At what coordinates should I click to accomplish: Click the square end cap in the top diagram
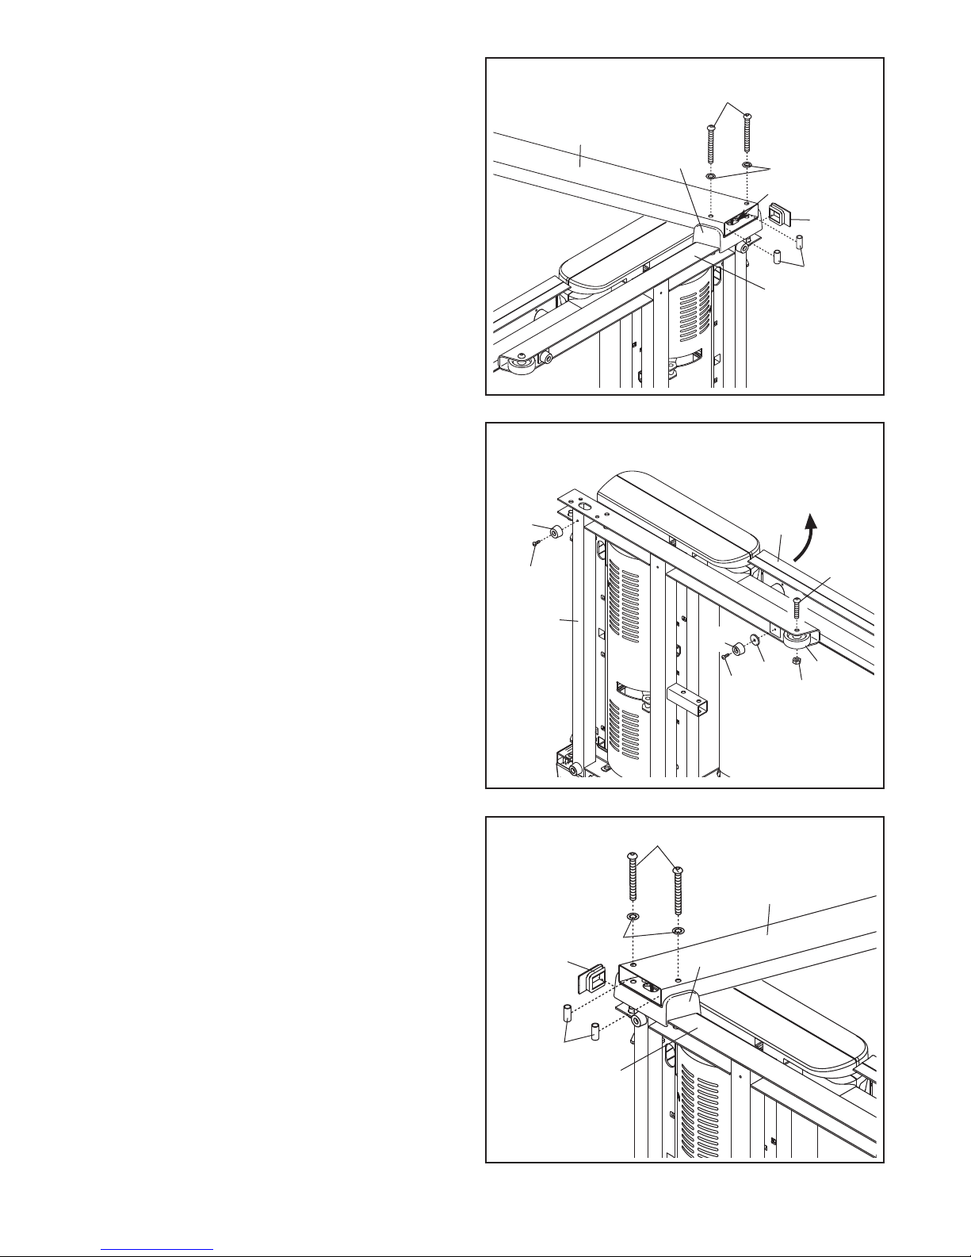pos(779,215)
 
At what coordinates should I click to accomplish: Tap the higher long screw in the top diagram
pos(747,139)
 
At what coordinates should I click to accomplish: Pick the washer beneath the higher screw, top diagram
pos(747,166)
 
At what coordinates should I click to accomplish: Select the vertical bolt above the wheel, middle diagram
pos(796,611)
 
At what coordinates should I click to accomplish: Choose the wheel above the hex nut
pos(797,641)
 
